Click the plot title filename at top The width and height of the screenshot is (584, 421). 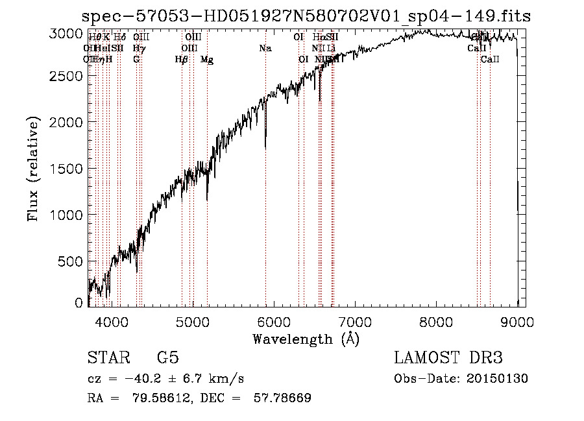tap(307, 16)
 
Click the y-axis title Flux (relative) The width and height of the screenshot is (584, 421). tap(33, 169)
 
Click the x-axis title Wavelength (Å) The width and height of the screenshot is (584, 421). tap(306, 339)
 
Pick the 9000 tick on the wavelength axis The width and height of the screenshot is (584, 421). tap(518, 320)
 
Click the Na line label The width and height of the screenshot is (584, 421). tap(265, 49)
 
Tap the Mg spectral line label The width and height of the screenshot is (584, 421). tap(207, 60)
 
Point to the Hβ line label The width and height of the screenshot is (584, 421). tap(182, 60)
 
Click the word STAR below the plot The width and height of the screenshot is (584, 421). tap(108, 358)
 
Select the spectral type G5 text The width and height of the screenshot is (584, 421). tap(167, 358)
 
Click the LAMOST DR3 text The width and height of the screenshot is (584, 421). tap(448, 358)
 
